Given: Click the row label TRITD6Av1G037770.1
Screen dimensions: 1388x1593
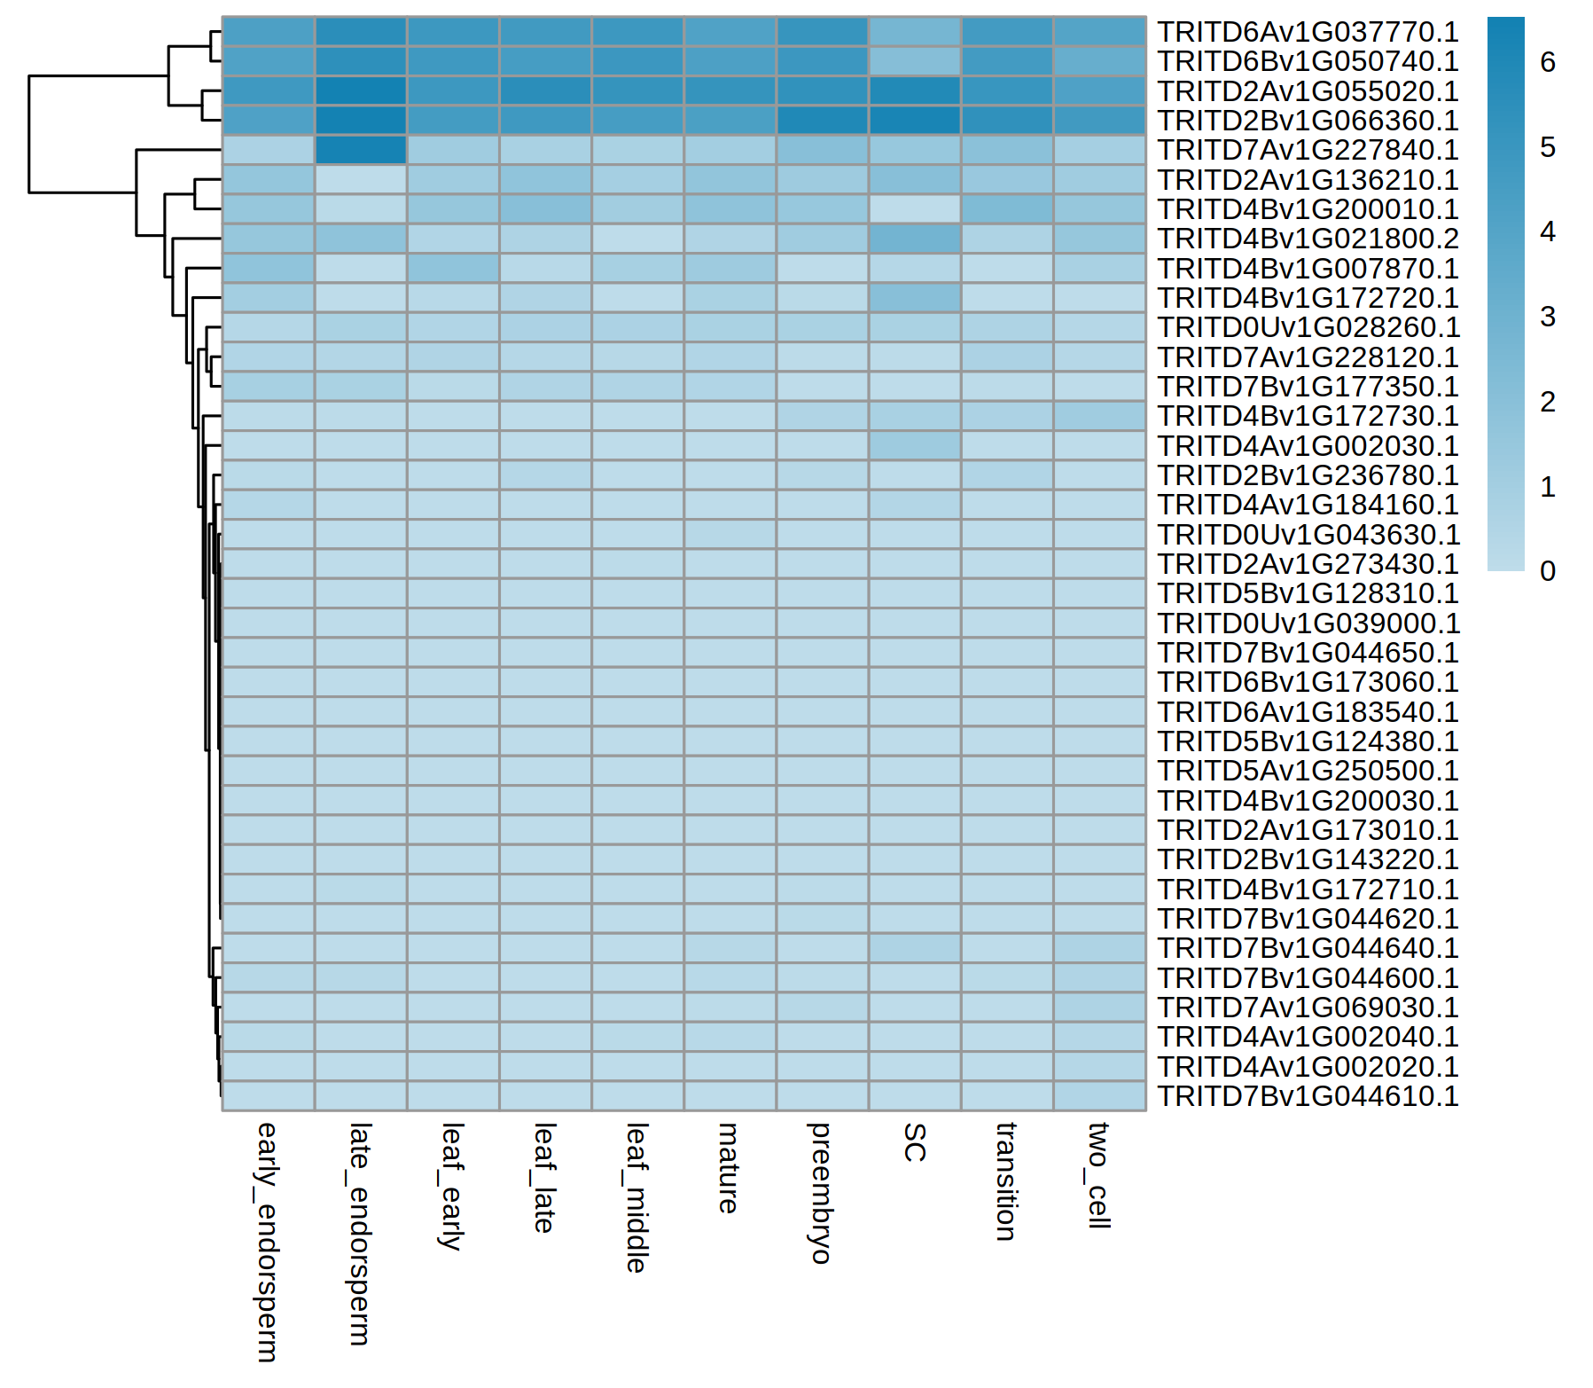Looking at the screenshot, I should pos(1308,32).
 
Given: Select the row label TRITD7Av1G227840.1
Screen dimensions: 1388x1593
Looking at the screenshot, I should pos(1308,150).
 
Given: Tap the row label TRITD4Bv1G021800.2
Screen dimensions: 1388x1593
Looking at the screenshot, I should pos(1308,239).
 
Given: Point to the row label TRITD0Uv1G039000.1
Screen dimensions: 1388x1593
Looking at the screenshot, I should pos(1308,623).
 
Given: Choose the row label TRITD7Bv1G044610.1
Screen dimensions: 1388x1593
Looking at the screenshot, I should pos(1308,1096).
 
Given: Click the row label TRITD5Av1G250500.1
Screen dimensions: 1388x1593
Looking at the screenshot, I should pos(1308,771).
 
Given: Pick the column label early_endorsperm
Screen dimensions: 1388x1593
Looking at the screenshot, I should pos(267,1242).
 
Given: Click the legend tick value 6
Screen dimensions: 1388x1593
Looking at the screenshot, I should pos(1548,62).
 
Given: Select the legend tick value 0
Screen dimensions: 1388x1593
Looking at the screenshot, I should pos(1548,571).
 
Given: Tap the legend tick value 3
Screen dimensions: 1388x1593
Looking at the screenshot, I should pos(1548,317).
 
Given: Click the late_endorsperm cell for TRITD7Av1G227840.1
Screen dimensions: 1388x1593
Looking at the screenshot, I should pos(361,150).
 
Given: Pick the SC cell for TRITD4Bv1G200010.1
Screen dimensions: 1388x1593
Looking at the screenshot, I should pos(915,209).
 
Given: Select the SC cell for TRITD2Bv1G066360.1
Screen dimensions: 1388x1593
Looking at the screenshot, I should pos(915,121).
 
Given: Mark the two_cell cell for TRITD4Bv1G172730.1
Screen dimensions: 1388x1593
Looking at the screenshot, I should pos(1099,416).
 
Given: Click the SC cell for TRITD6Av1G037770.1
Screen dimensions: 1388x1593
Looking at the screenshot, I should pos(915,32).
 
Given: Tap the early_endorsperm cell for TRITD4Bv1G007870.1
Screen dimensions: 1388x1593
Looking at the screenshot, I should pos(269,268).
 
